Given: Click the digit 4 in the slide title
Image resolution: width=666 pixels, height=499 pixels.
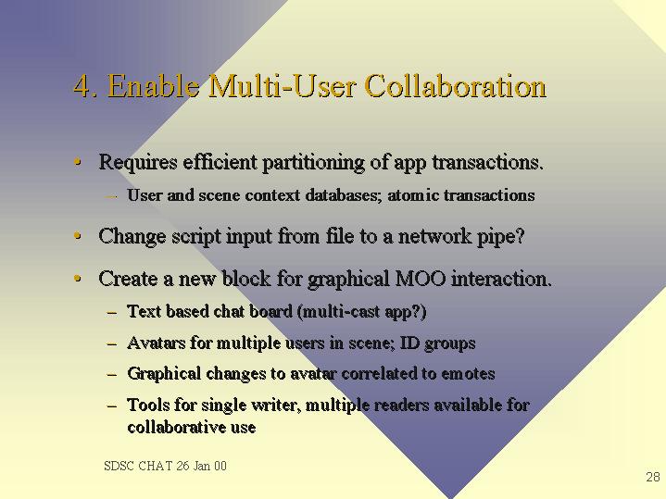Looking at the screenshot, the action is pyautogui.click(x=82, y=86).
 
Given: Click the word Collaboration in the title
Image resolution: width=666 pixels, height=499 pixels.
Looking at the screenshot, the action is pyautogui.click(x=456, y=86).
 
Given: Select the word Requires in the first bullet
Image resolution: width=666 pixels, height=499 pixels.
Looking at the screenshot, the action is pyautogui.click(x=138, y=163).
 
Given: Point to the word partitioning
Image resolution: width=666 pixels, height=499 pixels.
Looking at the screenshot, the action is pyautogui.click(x=313, y=163).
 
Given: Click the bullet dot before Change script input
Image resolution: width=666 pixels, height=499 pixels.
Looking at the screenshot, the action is pyautogui.click(x=77, y=235).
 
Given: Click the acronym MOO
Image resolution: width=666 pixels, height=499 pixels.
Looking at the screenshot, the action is pyautogui.click(x=421, y=279).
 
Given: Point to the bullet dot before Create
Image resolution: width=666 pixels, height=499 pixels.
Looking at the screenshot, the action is pyautogui.click(x=77, y=279).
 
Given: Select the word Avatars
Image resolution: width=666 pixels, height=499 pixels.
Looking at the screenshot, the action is pyautogui.click(x=157, y=343).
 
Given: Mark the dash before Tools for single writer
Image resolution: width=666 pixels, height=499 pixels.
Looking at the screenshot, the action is pyautogui.click(x=112, y=406).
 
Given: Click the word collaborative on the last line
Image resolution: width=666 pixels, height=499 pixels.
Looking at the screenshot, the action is pyautogui.click(x=176, y=427).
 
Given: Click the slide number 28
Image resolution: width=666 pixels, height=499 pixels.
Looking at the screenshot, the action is pyautogui.click(x=653, y=477).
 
